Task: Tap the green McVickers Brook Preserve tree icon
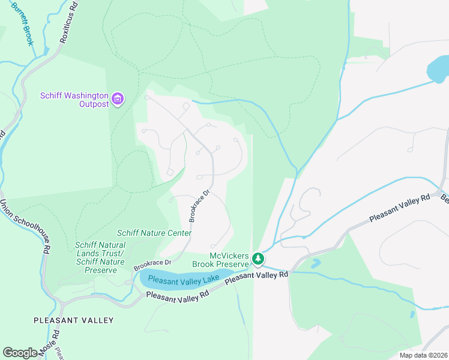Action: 258,259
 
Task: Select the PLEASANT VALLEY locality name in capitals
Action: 73,320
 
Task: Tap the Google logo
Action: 20,352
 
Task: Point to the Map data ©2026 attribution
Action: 423,355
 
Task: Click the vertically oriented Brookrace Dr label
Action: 199,206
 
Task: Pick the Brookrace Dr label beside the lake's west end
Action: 152,263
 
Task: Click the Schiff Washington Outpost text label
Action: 74,100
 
